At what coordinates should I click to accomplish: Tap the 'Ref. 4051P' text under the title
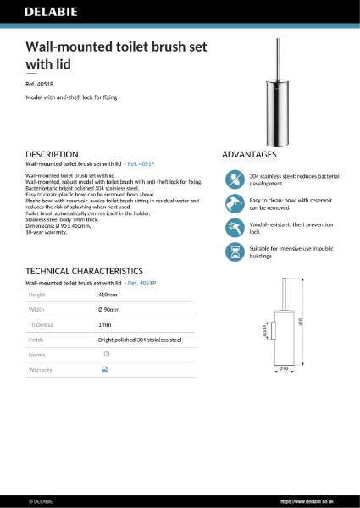41,83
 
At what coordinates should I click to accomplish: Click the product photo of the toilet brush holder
272,91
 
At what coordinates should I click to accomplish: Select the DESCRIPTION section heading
53,155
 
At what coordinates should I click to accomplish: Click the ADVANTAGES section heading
249,155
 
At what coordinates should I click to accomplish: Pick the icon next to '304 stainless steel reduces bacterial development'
234,179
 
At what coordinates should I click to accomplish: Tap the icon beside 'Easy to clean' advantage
234,203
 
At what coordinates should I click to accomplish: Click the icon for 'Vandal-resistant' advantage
234,228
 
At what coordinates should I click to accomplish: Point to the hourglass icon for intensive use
234,251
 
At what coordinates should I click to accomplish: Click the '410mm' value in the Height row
108,294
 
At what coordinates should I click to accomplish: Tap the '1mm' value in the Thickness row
105,324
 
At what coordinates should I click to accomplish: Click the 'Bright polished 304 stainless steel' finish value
140,340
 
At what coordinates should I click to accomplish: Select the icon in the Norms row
107,354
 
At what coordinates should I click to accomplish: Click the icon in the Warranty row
105,370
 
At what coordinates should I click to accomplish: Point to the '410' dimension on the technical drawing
300,322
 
